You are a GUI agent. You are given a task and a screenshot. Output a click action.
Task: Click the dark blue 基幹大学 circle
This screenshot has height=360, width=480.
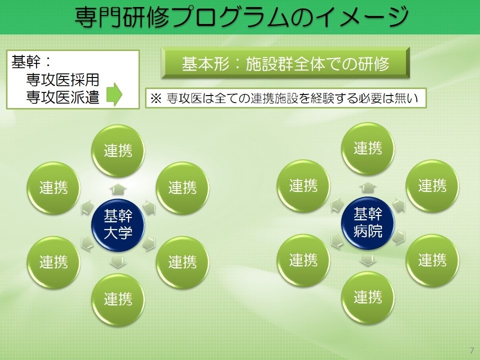click(x=118, y=225)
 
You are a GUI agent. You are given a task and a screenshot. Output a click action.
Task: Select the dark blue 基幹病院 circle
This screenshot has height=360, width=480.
click(x=367, y=223)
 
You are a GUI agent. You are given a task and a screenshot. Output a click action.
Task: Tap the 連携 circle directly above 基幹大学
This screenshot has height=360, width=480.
click(x=118, y=150)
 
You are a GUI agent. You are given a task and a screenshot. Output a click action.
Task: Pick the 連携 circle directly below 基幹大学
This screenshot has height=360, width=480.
click(x=118, y=299)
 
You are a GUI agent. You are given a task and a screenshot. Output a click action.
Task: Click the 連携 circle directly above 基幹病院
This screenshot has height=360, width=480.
click(x=367, y=149)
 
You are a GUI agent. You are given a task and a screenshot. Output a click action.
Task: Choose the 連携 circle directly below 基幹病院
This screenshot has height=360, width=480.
click(x=367, y=297)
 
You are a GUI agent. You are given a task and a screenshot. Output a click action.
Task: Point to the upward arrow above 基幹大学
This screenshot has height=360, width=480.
click(x=118, y=189)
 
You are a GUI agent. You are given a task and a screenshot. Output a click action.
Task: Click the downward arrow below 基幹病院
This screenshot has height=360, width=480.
click(x=368, y=260)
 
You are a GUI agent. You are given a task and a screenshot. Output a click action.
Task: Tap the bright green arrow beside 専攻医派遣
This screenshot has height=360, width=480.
click(x=114, y=94)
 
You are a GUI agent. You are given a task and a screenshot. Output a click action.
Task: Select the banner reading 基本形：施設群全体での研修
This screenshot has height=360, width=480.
click(x=285, y=63)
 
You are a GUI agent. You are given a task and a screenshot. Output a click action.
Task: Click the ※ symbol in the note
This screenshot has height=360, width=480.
click(x=156, y=98)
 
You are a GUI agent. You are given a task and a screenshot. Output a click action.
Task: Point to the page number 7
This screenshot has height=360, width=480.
click(x=471, y=350)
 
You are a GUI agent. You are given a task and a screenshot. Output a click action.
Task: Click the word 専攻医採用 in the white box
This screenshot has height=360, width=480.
click(x=62, y=79)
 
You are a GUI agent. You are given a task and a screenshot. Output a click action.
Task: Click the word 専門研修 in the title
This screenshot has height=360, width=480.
click(x=122, y=17)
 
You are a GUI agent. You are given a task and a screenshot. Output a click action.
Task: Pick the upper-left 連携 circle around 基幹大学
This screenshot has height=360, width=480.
click(x=53, y=188)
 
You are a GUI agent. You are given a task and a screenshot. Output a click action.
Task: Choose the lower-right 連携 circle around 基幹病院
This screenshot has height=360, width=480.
click(x=432, y=260)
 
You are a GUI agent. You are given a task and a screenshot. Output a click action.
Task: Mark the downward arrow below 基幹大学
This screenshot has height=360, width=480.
click(x=118, y=262)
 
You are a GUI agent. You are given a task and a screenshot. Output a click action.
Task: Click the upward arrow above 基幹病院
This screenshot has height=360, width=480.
click(x=368, y=187)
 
